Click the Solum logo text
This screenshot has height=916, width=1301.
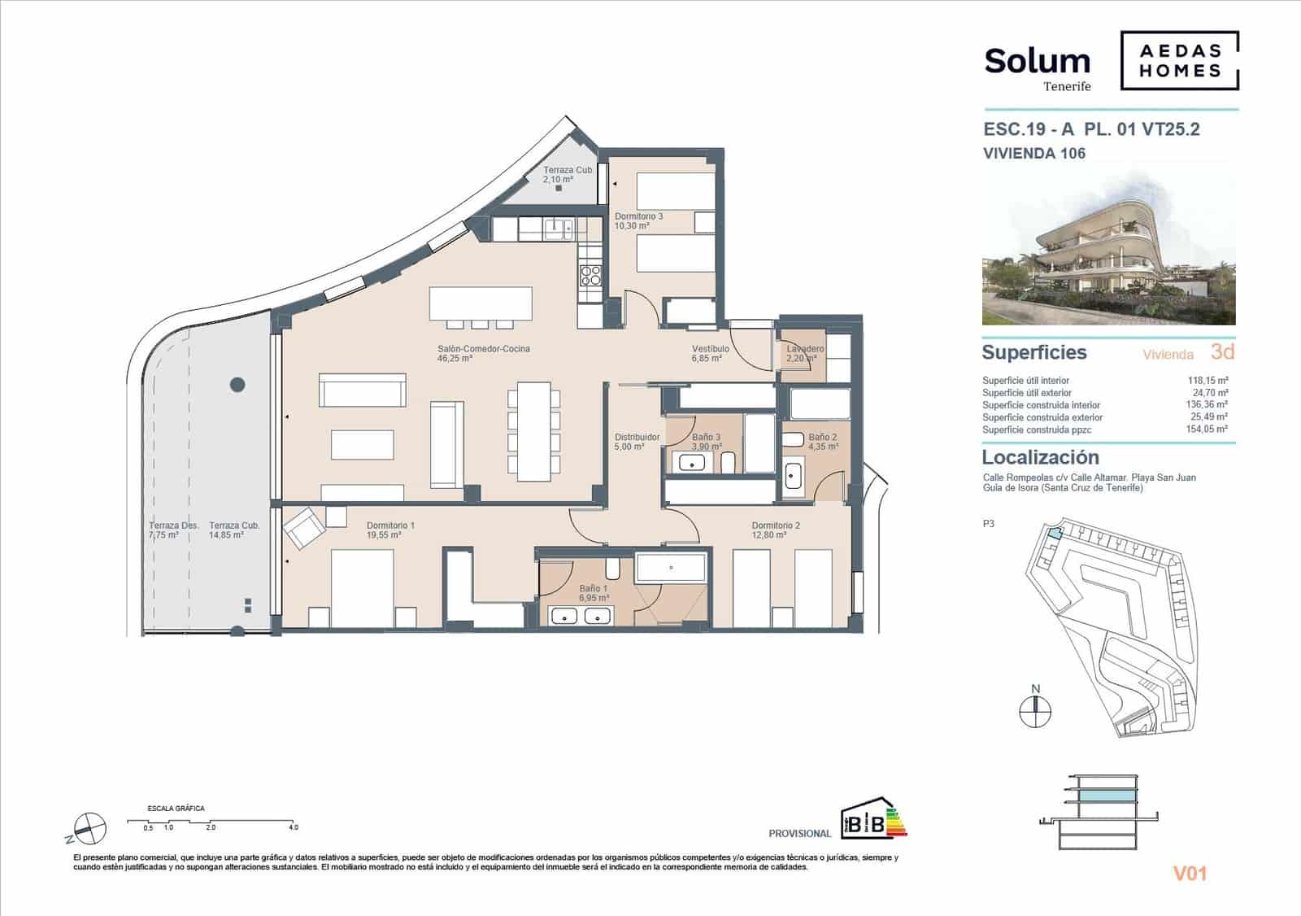coord(1037,61)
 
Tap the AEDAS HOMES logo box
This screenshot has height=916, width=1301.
coord(1179,61)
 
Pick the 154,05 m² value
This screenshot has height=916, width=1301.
coord(1207,430)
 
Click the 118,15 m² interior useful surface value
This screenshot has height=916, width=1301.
coord(1207,380)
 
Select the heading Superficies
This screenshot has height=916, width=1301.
coord(1033,352)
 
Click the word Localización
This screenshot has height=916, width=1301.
coord(1040,457)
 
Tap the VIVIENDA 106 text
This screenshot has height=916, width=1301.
coord(1033,153)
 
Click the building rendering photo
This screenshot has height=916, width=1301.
coord(1108,248)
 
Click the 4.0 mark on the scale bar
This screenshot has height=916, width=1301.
coord(293,827)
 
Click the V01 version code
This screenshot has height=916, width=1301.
coord(1189,874)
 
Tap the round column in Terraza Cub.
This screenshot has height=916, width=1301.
coord(237,384)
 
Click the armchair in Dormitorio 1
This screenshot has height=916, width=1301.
coord(303,526)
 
